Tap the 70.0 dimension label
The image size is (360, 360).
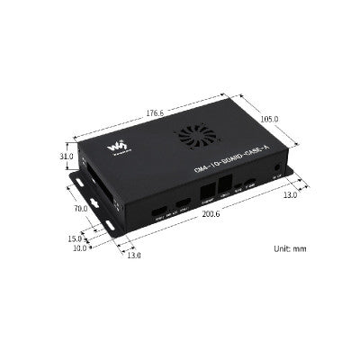tap(80, 209)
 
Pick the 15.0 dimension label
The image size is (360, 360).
tap(73, 238)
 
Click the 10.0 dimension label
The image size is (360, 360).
tap(79, 247)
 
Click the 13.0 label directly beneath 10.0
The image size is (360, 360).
tap(133, 255)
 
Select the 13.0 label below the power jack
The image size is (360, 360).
tap(289, 194)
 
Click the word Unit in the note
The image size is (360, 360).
tap(280, 247)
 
